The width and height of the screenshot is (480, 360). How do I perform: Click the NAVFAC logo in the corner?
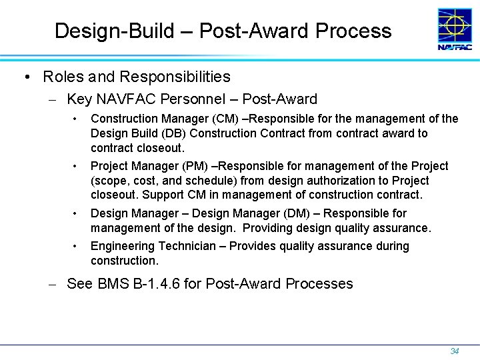(454, 29)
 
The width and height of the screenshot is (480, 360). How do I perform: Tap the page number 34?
(455, 351)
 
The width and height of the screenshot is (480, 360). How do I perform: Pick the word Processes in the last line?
(319, 283)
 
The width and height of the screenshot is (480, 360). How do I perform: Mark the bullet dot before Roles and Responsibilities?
(25, 78)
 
